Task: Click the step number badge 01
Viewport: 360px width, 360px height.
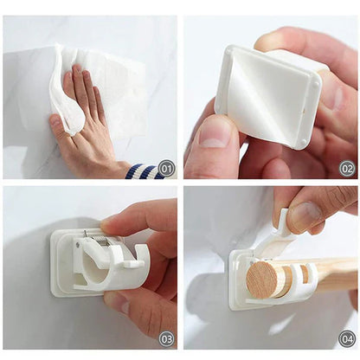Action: tap(165, 167)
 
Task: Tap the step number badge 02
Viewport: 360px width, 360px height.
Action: tap(346, 167)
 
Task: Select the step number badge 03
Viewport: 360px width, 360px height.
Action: tap(165, 338)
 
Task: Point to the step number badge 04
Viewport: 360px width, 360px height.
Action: tap(346, 338)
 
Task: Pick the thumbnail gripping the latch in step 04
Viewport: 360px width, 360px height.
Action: tap(305, 216)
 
